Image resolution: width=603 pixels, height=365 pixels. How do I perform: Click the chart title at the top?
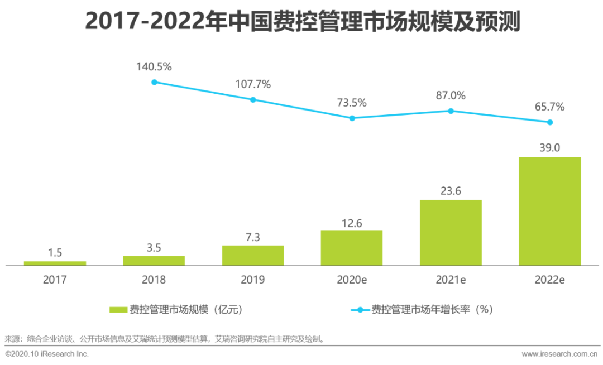[302, 22]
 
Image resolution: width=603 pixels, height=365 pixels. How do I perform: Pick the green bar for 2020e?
[352, 248]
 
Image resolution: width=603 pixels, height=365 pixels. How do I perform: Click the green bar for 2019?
[253, 255]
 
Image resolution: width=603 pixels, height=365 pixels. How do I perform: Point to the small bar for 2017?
[55, 263]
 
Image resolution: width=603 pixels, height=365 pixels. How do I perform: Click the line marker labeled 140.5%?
[154, 82]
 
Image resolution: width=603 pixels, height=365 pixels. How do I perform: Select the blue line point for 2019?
[253, 100]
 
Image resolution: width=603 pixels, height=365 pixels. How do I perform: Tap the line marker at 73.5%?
[352, 118]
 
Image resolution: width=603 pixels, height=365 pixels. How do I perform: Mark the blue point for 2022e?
[550, 122]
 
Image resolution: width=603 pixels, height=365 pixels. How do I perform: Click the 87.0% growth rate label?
[451, 95]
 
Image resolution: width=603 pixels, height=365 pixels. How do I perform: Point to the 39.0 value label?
[549, 148]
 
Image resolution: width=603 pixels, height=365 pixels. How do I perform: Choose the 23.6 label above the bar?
[451, 191]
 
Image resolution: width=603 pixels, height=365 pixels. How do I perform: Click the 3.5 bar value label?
[154, 247]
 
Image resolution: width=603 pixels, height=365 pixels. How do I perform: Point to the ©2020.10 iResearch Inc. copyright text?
[47, 354]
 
